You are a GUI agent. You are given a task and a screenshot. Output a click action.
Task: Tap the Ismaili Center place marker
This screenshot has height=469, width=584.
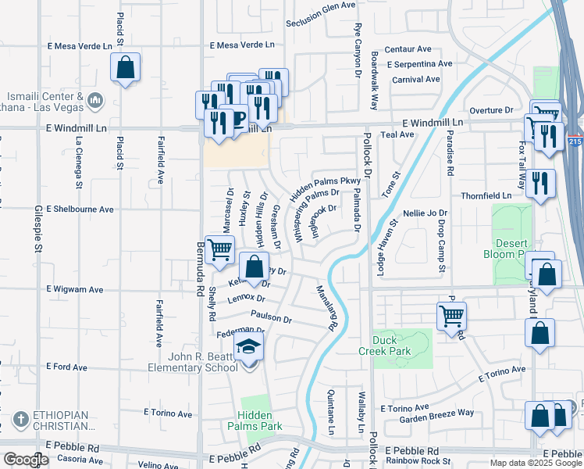tap(94, 99)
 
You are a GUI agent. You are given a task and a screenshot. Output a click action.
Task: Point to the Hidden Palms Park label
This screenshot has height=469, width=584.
tap(255, 421)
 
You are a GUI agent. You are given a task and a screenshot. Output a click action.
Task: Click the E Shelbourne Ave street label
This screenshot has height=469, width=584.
tap(80, 209)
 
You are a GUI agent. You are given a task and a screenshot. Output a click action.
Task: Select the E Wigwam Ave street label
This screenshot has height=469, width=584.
tap(75, 289)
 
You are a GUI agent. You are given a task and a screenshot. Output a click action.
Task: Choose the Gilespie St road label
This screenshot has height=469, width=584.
tap(37, 227)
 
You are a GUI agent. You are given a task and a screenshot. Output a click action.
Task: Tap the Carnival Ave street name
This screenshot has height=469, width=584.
tap(416, 79)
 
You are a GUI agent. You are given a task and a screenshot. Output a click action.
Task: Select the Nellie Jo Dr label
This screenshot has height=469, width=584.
tap(426, 213)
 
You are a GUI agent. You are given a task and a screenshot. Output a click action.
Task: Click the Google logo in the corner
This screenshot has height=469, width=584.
tap(26, 460)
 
